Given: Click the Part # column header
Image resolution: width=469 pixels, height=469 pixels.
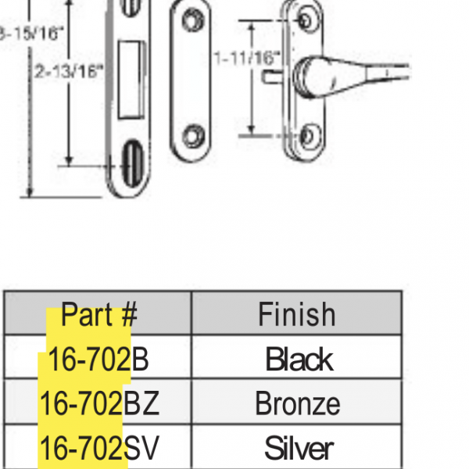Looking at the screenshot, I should (x=98, y=314).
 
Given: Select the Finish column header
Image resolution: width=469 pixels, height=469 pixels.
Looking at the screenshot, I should (x=297, y=314).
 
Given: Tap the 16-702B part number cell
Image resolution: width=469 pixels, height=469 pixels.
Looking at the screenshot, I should (x=98, y=359).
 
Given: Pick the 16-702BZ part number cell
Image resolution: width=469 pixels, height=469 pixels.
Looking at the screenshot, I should (x=98, y=403).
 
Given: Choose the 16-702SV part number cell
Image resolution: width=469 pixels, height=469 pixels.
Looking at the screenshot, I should (x=98, y=448).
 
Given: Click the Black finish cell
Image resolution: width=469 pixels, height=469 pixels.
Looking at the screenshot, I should (x=299, y=359).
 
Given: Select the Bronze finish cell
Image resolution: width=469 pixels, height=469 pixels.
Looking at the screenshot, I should (x=297, y=403).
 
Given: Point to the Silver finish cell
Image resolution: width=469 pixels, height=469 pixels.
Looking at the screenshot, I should (x=299, y=448).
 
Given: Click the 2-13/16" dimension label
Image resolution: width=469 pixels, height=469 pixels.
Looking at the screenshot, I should (x=70, y=70).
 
